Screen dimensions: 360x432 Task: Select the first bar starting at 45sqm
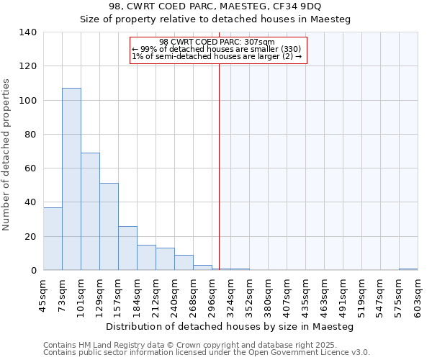[x=53, y=238]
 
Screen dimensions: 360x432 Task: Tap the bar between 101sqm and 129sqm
[x=90, y=212]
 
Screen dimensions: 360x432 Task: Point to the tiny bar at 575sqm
[x=408, y=269]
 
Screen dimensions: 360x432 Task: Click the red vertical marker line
[x=220, y=166]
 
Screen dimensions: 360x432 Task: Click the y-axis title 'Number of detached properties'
[x=7, y=155]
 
